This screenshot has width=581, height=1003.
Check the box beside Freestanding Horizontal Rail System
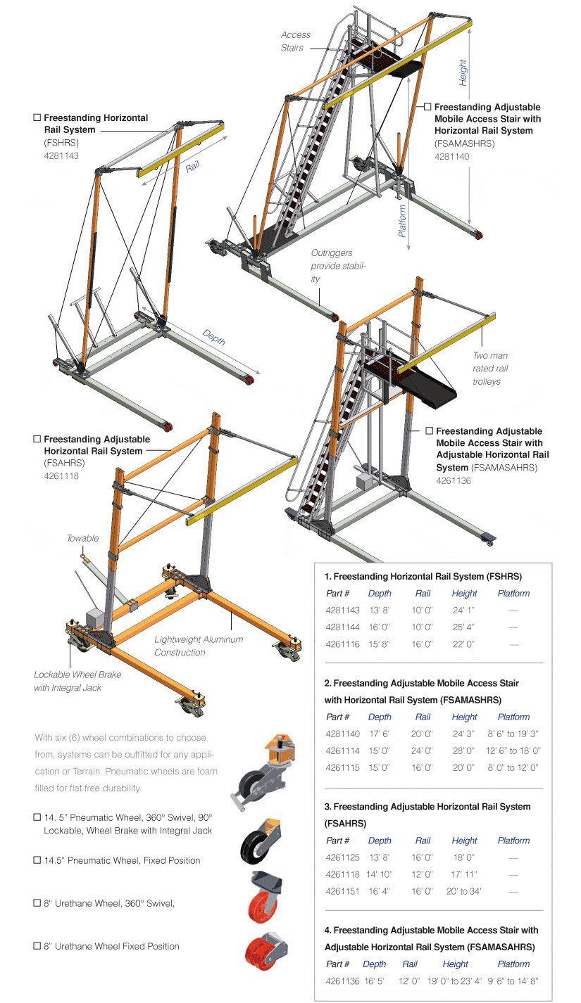[37, 118]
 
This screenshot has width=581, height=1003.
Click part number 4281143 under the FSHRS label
[61, 155]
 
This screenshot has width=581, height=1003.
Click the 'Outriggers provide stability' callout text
[339, 266]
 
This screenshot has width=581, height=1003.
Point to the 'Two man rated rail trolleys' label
[490, 369]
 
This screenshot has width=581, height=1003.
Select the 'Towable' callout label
[83, 538]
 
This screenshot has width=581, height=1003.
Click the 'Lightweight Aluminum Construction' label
[199, 646]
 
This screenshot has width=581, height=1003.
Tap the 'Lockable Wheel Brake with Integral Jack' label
[77, 681]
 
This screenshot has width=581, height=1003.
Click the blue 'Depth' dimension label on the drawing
[213, 338]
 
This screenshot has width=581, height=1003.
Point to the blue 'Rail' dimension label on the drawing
[193, 167]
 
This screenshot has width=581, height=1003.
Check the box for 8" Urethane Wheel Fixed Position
[37, 946]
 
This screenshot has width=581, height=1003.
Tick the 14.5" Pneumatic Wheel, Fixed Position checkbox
[37, 860]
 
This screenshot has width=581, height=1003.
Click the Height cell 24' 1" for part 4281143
[464, 611]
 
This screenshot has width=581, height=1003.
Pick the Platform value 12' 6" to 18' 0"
[513, 750]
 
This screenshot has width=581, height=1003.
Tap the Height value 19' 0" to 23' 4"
[455, 981]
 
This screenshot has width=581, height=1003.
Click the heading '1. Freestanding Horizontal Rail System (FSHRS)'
[423, 576]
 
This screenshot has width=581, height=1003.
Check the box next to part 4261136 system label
[429, 431]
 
